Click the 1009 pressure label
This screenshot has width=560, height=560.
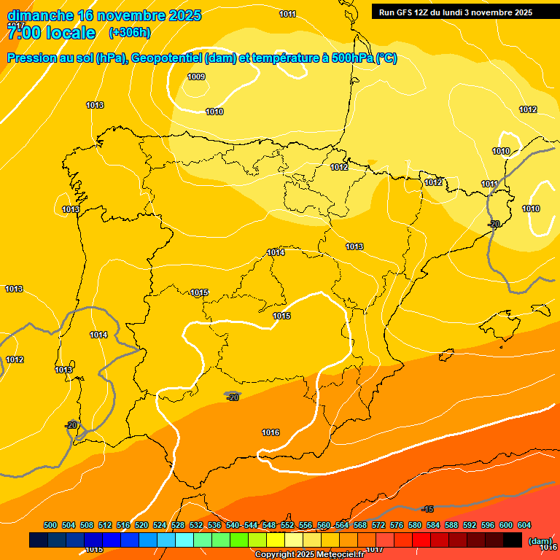point(196,77)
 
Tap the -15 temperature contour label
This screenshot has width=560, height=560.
point(428,509)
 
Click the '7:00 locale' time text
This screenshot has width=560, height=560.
point(51,33)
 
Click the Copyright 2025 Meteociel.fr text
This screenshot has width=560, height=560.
point(308,555)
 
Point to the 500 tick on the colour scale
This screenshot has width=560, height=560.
point(50,525)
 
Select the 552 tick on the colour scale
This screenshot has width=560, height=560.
point(287,525)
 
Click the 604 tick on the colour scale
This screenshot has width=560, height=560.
point(524,525)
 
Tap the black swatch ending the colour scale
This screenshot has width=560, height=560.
point(513,540)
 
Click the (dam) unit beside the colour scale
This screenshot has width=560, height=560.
point(539,540)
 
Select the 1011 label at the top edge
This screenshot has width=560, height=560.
point(287,14)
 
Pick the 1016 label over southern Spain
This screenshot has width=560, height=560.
point(271,432)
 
